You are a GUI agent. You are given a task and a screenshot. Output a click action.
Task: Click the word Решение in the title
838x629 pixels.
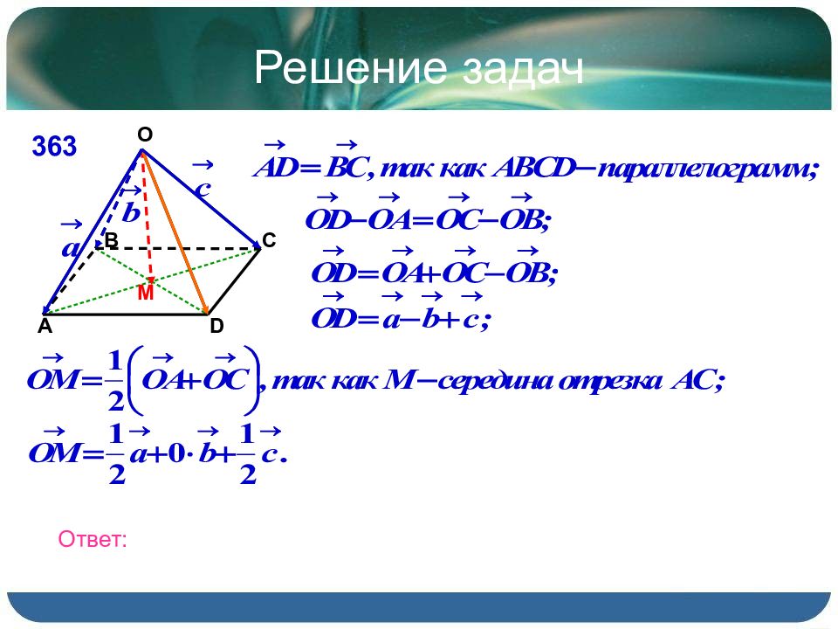350,67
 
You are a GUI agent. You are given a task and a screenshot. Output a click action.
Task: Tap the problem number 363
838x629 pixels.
54,146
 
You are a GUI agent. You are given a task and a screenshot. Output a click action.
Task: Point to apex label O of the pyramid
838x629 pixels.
145,135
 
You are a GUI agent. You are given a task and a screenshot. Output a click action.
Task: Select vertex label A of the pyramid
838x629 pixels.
45,326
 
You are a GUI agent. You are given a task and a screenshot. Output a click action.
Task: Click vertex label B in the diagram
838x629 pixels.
111,240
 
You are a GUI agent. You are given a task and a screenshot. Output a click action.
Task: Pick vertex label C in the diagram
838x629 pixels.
269,241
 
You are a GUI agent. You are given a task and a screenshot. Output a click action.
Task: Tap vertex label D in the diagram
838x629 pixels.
216,326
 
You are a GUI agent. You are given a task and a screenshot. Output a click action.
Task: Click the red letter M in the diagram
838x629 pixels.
146,294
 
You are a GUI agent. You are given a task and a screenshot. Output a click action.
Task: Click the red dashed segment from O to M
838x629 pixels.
147,218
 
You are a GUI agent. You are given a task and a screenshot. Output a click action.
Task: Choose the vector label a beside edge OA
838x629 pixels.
71,248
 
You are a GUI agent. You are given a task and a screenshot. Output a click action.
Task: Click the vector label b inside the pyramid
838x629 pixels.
131,212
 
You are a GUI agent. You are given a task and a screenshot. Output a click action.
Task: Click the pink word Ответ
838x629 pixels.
93,539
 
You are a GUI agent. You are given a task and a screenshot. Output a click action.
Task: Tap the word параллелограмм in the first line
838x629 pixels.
705,169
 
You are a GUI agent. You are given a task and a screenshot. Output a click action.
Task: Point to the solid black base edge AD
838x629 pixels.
127,314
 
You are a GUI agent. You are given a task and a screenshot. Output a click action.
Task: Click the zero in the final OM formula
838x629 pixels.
176,454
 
